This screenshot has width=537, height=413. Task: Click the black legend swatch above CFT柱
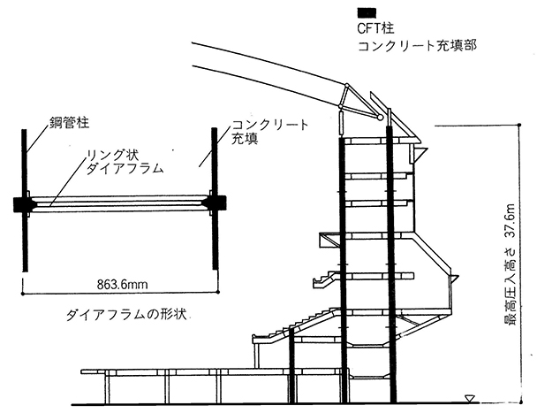(x=367, y=13)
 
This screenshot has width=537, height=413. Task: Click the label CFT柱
(x=375, y=28)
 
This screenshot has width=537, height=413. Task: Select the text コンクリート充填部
(x=417, y=46)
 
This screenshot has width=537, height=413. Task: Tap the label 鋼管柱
(x=69, y=122)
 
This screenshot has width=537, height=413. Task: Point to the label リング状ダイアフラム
(x=124, y=162)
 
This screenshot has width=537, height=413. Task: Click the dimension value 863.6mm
(x=122, y=285)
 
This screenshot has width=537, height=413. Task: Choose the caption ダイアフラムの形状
(x=126, y=315)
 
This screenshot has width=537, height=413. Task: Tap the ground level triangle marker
(x=469, y=399)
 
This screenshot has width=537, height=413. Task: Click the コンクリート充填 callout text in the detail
(x=269, y=132)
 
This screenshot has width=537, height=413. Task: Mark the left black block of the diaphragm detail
(x=22, y=204)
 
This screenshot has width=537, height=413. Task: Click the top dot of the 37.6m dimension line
(x=519, y=126)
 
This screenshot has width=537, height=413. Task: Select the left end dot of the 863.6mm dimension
(x=23, y=294)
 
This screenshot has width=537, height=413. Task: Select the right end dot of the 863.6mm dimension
(x=218, y=292)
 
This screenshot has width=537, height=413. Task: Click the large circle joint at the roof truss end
(x=380, y=118)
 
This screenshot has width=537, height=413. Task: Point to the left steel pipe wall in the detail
(x=25, y=201)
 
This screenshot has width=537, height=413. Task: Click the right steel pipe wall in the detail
(x=215, y=199)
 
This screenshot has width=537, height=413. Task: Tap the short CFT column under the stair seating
(x=291, y=365)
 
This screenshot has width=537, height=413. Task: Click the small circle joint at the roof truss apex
(x=347, y=85)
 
